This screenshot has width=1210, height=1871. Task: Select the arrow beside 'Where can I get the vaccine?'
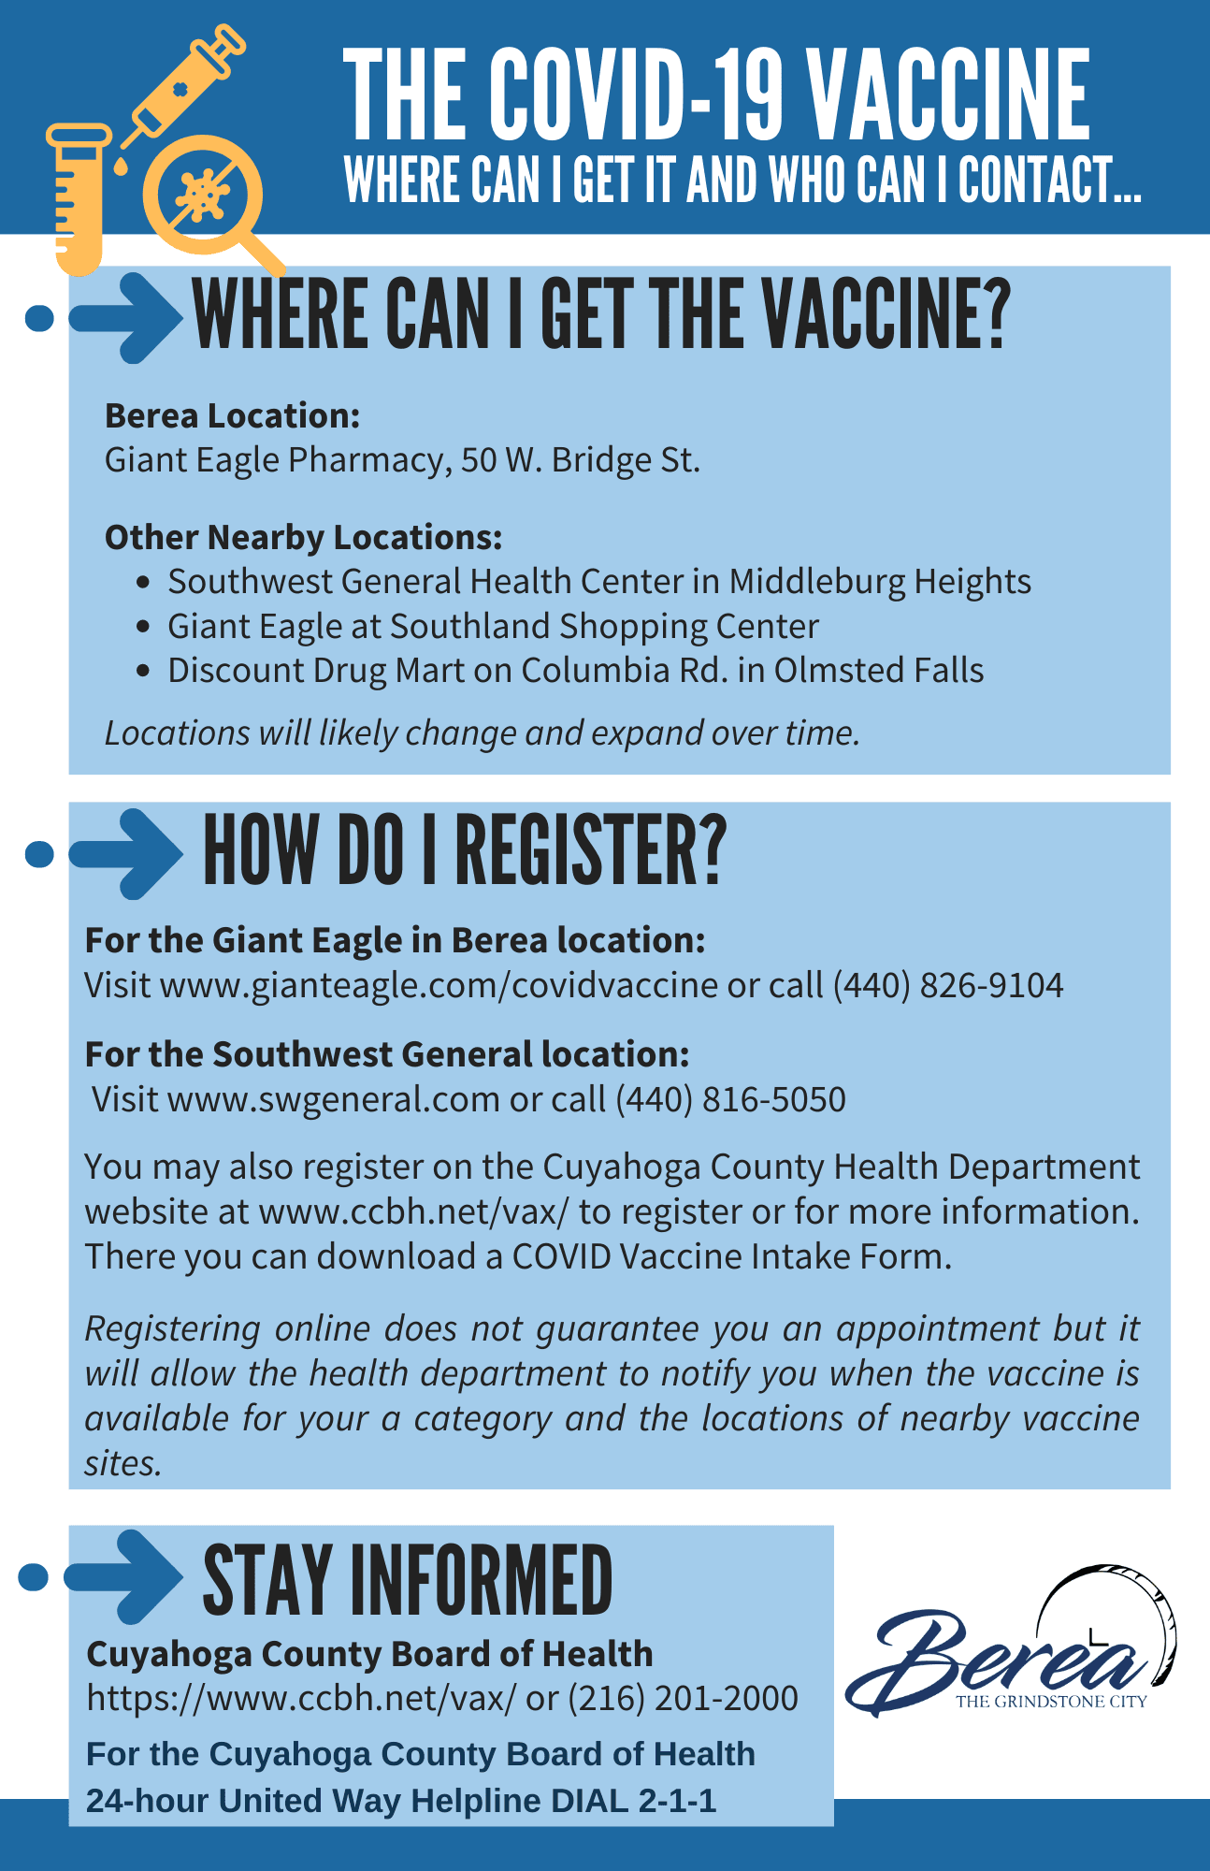pos(126,317)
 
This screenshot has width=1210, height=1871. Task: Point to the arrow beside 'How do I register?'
pos(126,853)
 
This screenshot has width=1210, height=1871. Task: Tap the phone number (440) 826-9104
pos(947,985)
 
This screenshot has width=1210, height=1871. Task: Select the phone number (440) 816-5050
pos(729,1099)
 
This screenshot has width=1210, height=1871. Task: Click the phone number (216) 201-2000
pos(683,1698)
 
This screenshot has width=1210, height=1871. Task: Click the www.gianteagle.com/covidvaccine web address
pos(439,985)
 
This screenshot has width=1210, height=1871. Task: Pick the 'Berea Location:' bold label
pos(232,415)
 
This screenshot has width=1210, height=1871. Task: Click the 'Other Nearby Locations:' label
pos(303,537)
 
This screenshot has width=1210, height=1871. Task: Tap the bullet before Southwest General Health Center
pos(142,582)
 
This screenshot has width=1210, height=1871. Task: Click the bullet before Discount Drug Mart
pos(142,671)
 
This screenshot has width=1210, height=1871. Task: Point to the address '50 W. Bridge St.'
pos(580,460)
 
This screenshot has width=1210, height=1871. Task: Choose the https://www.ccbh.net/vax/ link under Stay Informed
pos(300,1698)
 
